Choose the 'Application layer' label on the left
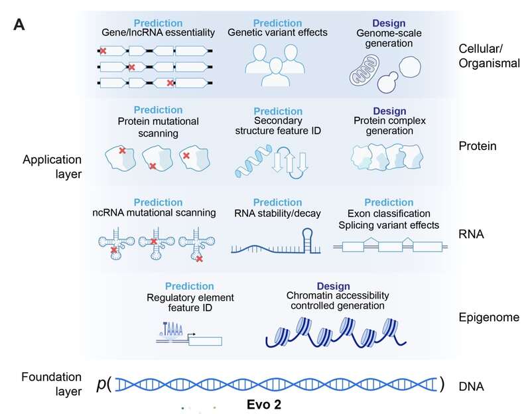coord(50,167)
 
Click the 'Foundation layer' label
coord(50,383)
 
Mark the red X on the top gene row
coord(103,50)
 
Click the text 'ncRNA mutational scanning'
coord(155,213)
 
